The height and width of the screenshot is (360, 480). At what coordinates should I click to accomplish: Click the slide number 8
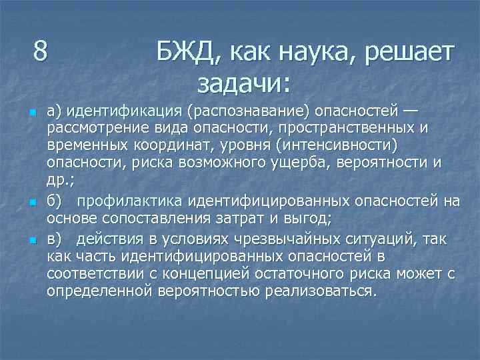pyautogui.click(x=41, y=51)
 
